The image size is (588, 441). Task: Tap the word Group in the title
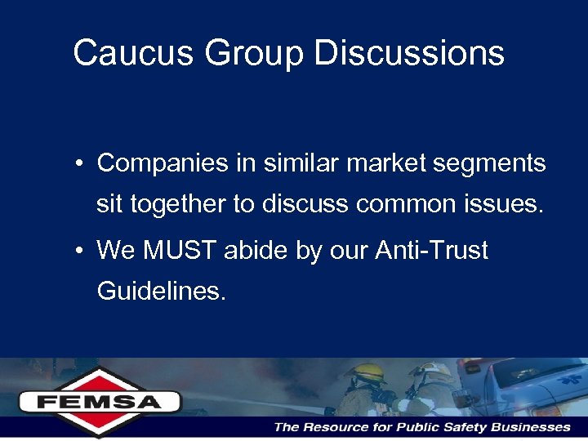(x=254, y=54)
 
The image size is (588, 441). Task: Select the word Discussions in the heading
(x=409, y=54)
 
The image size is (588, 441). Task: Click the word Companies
(x=163, y=164)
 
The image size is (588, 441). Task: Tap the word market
(x=385, y=163)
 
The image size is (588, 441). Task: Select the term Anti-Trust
(x=431, y=251)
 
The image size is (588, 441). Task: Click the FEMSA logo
(x=100, y=401)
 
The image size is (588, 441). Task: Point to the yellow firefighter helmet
(x=365, y=372)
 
